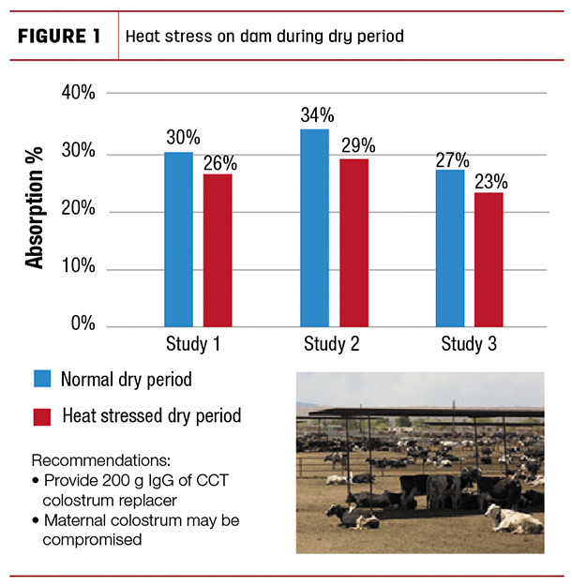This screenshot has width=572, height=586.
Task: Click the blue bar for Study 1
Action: pyautogui.click(x=179, y=239)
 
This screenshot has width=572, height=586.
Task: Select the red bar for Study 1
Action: pyautogui.click(x=218, y=250)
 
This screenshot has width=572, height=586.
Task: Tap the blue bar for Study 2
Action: pyautogui.click(x=315, y=228)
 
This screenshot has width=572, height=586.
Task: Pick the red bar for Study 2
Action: pyautogui.click(x=354, y=243)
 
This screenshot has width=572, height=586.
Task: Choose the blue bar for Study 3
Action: pyautogui.click(x=450, y=248)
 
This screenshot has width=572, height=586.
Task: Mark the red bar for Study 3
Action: pyautogui.click(x=489, y=260)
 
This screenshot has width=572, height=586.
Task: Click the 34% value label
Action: pyautogui.click(x=317, y=114)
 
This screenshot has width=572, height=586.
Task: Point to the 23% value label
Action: pyautogui.click(x=491, y=182)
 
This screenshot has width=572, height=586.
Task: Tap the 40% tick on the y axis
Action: pyautogui.click(x=78, y=92)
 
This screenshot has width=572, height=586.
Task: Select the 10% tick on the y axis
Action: pyautogui.click(x=78, y=265)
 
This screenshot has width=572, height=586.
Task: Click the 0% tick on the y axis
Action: pyautogui.click(x=83, y=323)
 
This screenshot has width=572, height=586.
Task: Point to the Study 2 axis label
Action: pyautogui.click(x=332, y=344)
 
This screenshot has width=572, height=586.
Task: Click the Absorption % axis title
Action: pyautogui.click(x=34, y=208)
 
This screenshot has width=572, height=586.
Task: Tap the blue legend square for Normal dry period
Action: pyautogui.click(x=42, y=379)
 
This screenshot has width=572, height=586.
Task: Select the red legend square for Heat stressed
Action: pyautogui.click(x=42, y=416)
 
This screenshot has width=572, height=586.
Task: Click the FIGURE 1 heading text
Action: pyautogui.click(x=59, y=37)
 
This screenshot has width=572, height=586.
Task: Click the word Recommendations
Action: pyautogui.click(x=101, y=460)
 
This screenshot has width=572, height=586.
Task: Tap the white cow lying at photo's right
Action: pyautogui.click(x=513, y=518)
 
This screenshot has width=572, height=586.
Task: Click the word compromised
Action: pyautogui.click(x=92, y=540)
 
